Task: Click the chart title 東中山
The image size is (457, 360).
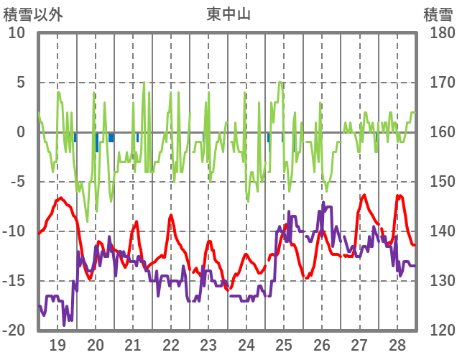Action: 228,14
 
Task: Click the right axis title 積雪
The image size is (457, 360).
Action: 438,14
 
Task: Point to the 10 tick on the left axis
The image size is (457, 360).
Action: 17,33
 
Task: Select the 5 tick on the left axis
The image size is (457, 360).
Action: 20,83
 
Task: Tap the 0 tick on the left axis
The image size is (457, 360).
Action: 20,132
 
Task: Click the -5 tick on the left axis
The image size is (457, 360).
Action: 17,182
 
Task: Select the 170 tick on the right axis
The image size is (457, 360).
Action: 438,83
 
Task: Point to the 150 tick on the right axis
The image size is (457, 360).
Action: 438,182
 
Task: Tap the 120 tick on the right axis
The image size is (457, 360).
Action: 438,331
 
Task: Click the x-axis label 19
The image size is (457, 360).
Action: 57,344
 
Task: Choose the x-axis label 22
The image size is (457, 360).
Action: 171,344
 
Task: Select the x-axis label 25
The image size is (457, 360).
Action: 284,344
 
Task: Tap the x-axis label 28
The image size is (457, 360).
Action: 397,344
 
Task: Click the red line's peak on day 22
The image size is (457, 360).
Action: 171,215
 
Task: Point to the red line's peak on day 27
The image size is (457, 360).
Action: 364,195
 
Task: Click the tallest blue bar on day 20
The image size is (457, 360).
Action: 97,142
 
